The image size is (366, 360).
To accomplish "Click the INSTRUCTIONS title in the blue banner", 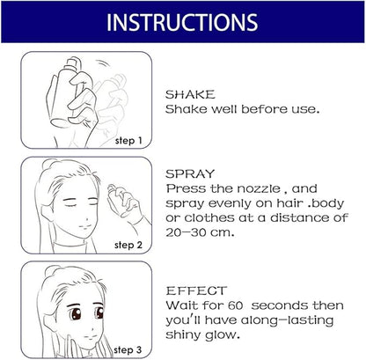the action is (x=182, y=22).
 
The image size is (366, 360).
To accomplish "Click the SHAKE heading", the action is (x=190, y=94).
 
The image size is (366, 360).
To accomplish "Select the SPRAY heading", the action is (x=190, y=174).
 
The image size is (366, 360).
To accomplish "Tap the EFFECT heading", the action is (x=196, y=290).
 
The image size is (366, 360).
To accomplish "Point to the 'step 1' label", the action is (x=128, y=141).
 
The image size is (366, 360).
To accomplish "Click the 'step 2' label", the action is (x=128, y=245).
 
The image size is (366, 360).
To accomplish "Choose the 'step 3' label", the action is (x=128, y=349).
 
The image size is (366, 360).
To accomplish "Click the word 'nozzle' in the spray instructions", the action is (x=259, y=188).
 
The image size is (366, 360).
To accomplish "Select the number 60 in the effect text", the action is (x=236, y=305).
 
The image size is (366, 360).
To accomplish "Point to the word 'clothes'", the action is (x=209, y=218).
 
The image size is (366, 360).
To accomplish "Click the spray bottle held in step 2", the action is (x=118, y=200).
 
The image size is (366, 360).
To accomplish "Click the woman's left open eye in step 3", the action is (x=76, y=313).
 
